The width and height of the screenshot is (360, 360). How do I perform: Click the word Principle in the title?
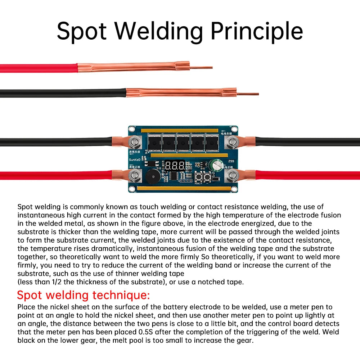pyautogui.click(x=256, y=31)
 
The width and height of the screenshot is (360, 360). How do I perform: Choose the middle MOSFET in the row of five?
pyautogui.click(x=183, y=143)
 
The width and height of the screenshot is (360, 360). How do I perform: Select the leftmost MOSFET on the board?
pyautogui.click(x=154, y=143)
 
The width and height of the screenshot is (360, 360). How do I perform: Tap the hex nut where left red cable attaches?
pyautogui.click(x=136, y=176)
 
